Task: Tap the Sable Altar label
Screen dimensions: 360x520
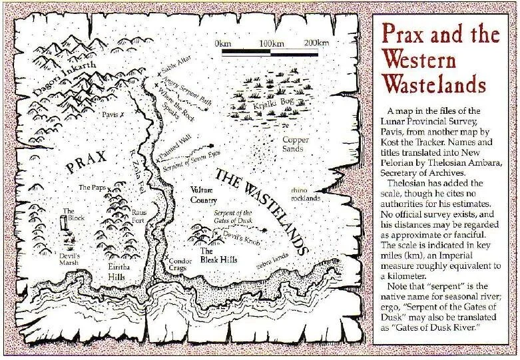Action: point(175,70)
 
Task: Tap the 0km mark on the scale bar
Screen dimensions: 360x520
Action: point(223,43)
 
